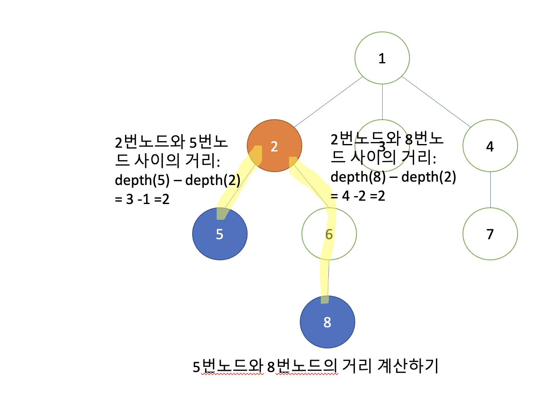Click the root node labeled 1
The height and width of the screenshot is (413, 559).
point(382,58)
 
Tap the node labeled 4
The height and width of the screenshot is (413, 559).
point(490,146)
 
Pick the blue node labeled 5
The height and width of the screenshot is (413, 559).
point(219,234)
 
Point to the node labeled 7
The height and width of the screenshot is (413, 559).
point(490,234)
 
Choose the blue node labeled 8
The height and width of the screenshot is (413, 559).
point(327,322)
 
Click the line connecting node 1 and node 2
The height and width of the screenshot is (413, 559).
point(328,102)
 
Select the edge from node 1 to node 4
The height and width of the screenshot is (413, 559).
point(436,101)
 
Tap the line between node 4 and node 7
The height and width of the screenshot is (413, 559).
point(490,190)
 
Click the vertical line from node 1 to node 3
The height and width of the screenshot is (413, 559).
point(382,101)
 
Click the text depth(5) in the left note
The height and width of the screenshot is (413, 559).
point(142,180)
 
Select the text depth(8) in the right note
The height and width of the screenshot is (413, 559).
point(358,177)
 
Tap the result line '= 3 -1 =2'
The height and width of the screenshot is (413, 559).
point(142,199)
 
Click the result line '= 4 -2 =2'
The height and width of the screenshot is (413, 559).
point(358,196)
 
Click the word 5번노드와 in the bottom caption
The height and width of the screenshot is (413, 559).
point(228,366)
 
